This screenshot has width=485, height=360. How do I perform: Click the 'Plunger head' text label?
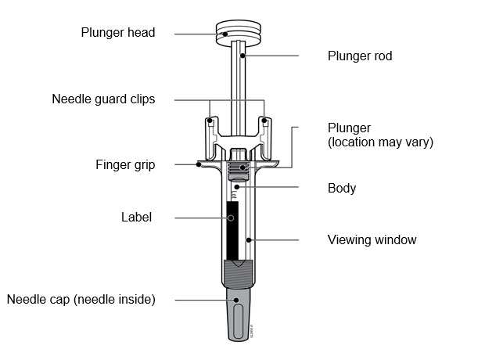point(118,33)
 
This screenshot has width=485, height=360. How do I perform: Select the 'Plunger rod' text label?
point(359,56)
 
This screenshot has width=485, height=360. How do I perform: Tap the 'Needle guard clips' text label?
point(103,99)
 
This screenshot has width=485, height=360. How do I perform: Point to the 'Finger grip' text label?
point(125,165)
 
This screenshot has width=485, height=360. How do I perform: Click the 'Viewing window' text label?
point(372,239)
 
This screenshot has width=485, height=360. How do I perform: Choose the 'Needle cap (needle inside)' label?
point(81,299)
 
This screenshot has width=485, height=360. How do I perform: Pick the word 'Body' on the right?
point(341,188)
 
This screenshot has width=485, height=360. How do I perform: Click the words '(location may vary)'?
point(379,142)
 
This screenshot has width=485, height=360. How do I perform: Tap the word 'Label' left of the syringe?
point(136,217)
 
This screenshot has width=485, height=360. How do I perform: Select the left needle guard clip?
point(210,125)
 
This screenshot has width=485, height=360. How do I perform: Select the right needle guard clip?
point(265,125)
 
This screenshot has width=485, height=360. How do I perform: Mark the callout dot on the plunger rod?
point(243,56)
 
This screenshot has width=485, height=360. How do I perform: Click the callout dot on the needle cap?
point(235,299)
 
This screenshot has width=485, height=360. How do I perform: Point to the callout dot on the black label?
point(231,217)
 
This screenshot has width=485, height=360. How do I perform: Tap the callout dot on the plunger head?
point(225,33)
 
